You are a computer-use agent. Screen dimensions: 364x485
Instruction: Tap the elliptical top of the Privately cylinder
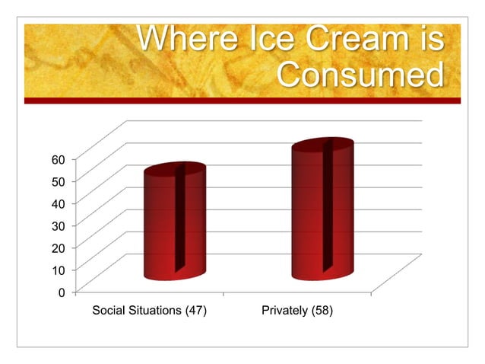(x=322, y=148)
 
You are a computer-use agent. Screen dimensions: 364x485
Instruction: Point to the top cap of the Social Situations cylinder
(x=175, y=171)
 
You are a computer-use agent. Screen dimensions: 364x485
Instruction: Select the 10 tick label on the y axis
(x=59, y=270)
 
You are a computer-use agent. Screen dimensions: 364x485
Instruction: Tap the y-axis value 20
(x=59, y=247)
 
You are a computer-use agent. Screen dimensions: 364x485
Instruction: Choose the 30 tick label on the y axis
(x=59, y=225)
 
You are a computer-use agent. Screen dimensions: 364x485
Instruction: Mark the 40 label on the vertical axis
(x=59, y=203)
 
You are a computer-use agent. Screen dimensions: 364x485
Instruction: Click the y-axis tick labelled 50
(x=59, y=180)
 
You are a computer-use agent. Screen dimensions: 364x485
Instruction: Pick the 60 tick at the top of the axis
(x=59, y=158)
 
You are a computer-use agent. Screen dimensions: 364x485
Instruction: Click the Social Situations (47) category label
(x=149, y=311)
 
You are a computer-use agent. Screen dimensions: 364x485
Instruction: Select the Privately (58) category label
(x=296, y=311)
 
